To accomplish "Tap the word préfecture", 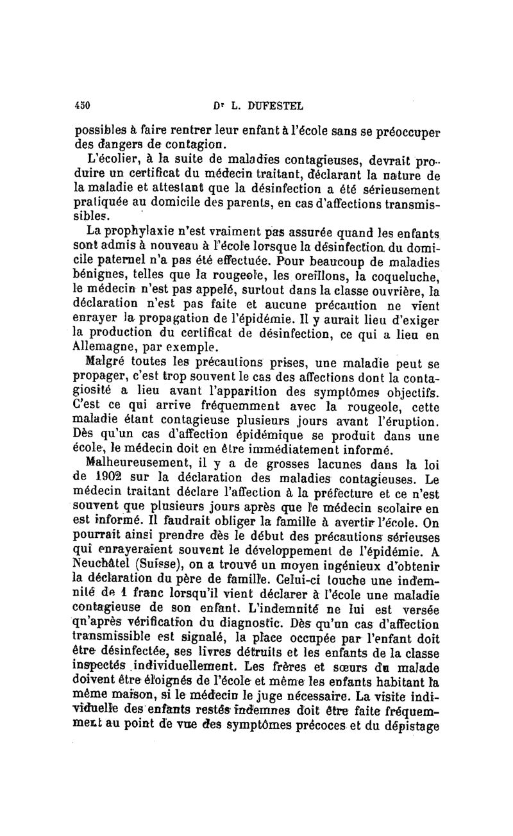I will click(342, 494).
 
